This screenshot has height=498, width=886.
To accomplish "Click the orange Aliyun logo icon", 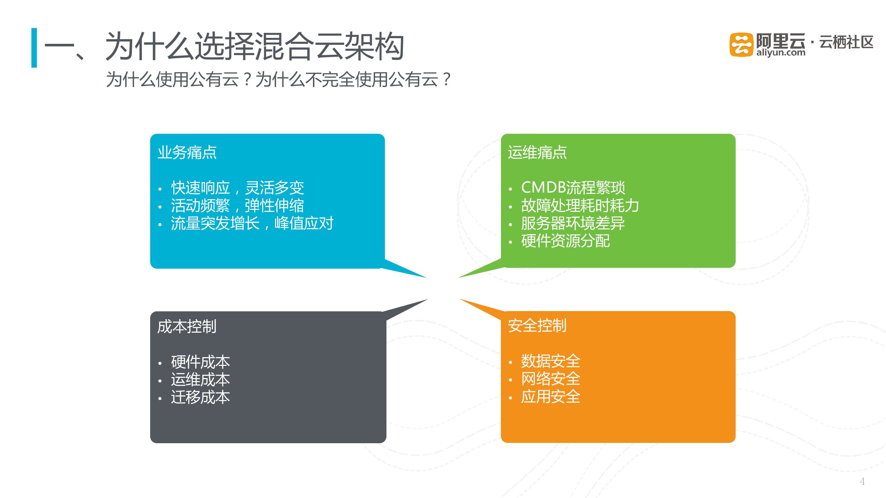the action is (x=741, y=44).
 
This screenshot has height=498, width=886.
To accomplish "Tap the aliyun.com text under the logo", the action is (x=780, y=53).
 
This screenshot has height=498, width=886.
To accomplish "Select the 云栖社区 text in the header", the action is (x=846, y=42).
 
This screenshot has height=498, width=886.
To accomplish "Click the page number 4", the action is (x=862, y=481).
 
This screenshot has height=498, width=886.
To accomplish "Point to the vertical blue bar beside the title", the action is (x=34, y=48).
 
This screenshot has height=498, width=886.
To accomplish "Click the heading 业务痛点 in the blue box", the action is (x=187, y=152).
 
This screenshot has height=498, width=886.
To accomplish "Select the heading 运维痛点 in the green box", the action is (x=537, y=152).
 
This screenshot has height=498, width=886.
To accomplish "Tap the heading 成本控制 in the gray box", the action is (x=187, y=326).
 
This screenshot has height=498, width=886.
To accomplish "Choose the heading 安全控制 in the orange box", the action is (x=537, y=325).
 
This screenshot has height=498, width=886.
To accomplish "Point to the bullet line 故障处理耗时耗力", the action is (x=580, y=206).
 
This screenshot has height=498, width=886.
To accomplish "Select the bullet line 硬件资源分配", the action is (x=565, y=241).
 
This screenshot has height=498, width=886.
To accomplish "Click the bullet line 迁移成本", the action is (x=201, y=398).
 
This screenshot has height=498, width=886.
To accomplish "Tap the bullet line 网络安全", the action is (x=551, y=379).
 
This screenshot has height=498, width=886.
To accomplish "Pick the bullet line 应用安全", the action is (x=551, y=397).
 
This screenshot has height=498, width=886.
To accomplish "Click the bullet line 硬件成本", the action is (x=201, y=362).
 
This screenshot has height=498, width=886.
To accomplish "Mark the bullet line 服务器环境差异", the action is (x=573, y=223).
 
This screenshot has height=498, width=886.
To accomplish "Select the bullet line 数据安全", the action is (x=551, y=361).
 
